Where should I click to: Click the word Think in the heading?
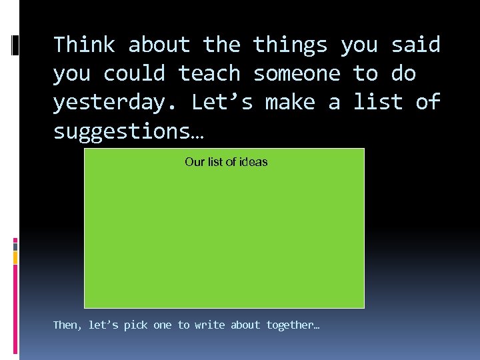[x=84, y=45]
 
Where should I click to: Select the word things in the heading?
[x=290, y=45]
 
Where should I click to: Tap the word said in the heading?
[x=415, y=45]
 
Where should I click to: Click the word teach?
[x=209, y=74]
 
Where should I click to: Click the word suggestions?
[x=128, y=132]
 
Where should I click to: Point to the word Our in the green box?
[x=194, y=162]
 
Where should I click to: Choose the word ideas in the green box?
[x=253, y=162]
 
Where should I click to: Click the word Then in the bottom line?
[x=65, y=325]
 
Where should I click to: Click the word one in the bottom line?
[x=162, y=325]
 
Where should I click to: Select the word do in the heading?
[x=403, y=74]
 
